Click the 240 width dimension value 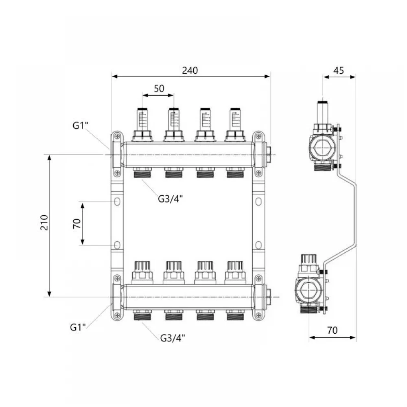pos(190,70)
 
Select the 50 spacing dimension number pos(159,88)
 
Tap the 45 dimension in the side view pos(339,70)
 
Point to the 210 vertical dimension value pos(44,223)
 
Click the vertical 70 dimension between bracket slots pos(77,223)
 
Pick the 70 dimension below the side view pos(332,330)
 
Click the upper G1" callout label pos(80,125)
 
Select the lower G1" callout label pos(78,327)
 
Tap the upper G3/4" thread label pos(170,199)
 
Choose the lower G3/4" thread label pos(173,338)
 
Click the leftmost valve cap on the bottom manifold pos(142,272)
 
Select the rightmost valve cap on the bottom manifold pos(235,272)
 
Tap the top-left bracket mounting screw pos(117,136)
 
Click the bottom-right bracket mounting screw pos(258,315)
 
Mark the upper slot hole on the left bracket pos(117,201)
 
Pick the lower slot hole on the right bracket pos(258,245)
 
